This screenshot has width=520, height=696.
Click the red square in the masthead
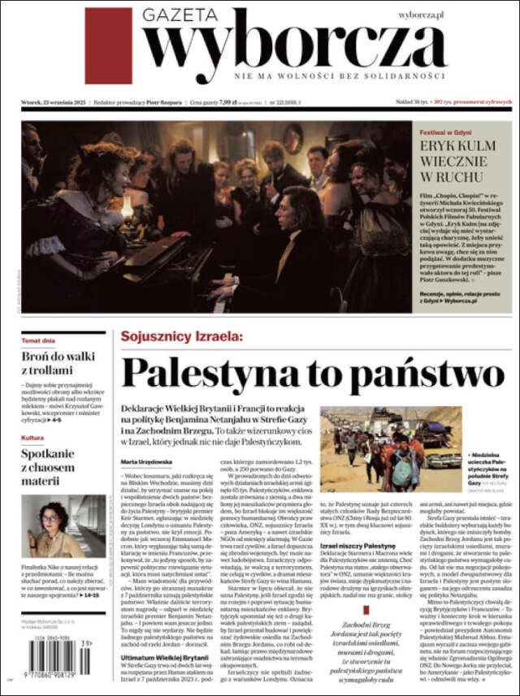[x=108, y=45]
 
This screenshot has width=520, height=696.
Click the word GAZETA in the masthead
[x=180, y=15]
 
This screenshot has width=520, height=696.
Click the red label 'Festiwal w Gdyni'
[x=446, y=132]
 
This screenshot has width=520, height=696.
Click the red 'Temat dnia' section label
[x=38, y=341]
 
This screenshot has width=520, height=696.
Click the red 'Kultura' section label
[x=32, y=439]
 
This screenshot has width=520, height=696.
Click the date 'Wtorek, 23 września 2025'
[x=54, y=102]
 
